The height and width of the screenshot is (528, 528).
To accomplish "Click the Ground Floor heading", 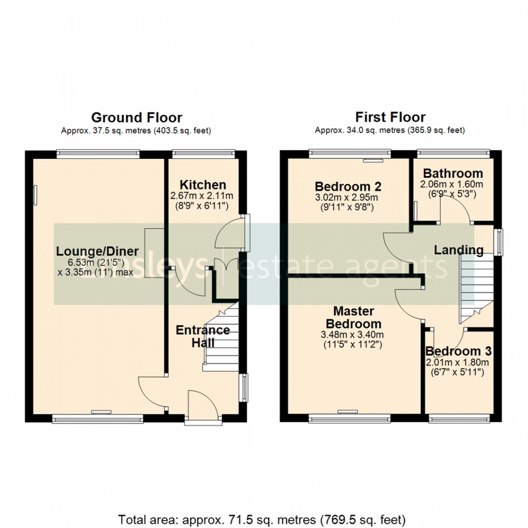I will [137, 118].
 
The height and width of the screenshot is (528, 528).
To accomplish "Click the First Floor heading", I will [390, 118].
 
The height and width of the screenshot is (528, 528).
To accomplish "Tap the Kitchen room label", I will [202, 185].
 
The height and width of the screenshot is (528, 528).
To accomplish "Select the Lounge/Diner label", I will [97, 252].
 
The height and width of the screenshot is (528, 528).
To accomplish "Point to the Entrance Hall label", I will [202, 336].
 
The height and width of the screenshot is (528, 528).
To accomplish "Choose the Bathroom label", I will [453, 173].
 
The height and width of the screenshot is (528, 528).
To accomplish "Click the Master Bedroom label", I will [354, 317].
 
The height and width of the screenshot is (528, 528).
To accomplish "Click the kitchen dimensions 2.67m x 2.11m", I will [202, 196].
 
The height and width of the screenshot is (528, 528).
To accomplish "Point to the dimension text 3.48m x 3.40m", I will [351, 335].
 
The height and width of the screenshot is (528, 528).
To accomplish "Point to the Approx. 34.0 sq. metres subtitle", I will [390, 130].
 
